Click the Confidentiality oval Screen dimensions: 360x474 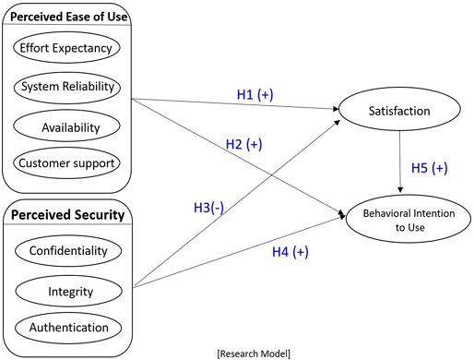67,251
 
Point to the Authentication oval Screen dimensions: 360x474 67,327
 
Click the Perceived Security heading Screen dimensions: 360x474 65,215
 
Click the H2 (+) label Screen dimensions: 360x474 244,145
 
